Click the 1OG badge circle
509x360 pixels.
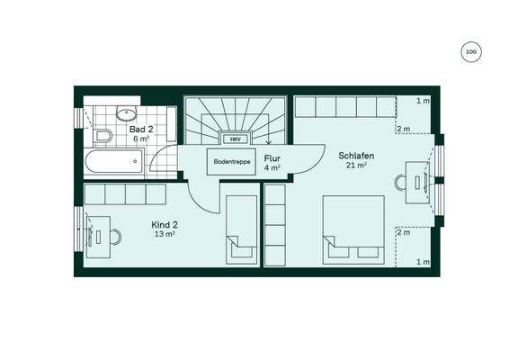(x=470, y=52)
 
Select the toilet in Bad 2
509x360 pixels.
(x=103, y=137)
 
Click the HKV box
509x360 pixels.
(x=235, y=139)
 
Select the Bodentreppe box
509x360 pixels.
(x=231, y=163)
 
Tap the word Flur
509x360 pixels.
(x=272, y=157)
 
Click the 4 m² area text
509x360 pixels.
(x=272, y=167)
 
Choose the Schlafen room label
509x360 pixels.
(x=356, y=156)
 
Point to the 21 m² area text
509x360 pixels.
(x=356, y=166)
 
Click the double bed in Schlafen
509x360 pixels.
(x=354, y=226)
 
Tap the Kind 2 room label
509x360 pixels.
(x=165, y=224)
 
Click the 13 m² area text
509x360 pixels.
(x=165, y=234)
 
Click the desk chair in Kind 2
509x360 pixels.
(x=116, y=237)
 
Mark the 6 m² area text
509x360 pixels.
(x=141, y=139)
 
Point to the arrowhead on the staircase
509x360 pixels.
(x=243, y=141)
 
